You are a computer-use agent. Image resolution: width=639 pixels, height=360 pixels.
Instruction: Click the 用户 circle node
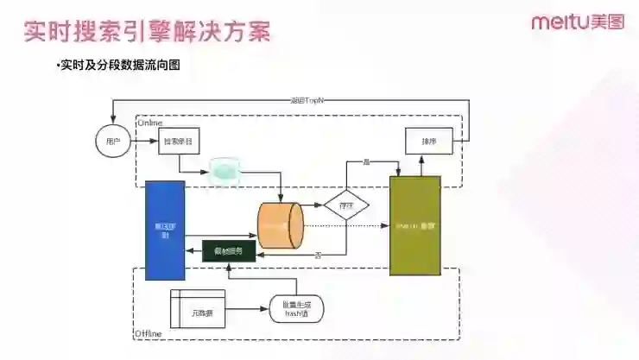point(111,140)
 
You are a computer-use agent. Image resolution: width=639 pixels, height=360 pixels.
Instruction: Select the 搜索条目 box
point(178,140)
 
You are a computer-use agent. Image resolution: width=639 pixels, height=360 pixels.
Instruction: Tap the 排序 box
point(429,140)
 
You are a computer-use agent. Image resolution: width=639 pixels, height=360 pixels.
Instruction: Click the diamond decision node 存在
point(346,205)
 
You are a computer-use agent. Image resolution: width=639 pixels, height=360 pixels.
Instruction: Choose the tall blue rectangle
point(165,231)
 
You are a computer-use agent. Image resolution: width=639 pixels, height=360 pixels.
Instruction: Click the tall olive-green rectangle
point(414,226)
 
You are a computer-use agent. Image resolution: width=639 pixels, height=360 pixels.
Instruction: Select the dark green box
point(228,251)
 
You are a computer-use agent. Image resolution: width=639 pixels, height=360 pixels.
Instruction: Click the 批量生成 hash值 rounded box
point(296,308)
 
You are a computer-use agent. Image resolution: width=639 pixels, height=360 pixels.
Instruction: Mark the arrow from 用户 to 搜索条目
point(143,140)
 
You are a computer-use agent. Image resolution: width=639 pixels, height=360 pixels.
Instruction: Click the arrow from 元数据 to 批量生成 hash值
point(248,308)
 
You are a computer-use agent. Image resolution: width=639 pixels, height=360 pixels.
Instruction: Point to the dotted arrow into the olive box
point(345,226)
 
